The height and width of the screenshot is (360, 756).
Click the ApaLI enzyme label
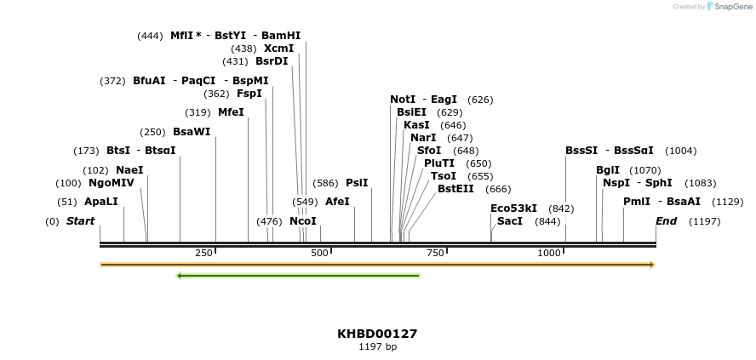tap(101, 202)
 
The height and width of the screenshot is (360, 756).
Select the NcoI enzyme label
tap(303, 221)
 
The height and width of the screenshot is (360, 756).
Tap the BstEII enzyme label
tap(455, 189)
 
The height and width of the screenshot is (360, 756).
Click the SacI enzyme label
tap(509, 221)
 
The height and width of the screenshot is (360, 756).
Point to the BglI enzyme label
tap(608, 170)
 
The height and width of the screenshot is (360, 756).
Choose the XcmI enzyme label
tap(278, 49)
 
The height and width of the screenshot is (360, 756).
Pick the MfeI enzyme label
tap(231, 112)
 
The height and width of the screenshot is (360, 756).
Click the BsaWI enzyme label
tap(192, 132)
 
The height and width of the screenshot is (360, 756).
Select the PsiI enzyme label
tap(357, 183)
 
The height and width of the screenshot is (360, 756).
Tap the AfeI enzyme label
tap(337, 202)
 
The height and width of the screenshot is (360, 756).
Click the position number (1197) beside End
tap(704, 221)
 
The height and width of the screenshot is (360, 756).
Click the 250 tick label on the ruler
tap(203, 253)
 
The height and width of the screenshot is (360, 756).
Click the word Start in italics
tap(81, 221)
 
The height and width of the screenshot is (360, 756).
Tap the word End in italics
tap(666, 221)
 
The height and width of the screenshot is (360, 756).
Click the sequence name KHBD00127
tap(377, 334)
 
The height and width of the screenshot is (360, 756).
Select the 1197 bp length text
tap(377, 347)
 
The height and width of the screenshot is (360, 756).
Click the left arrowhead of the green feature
tap(180, 276)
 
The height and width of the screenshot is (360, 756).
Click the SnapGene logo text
tap(732, 7)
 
